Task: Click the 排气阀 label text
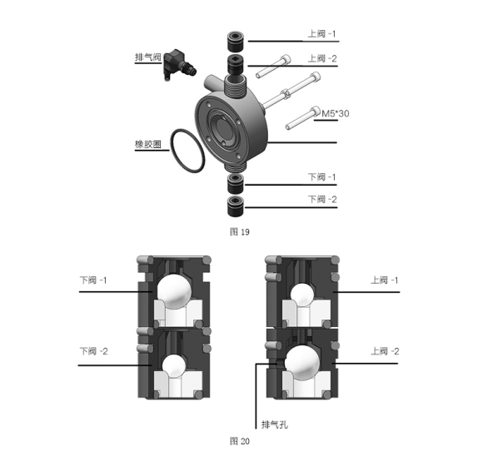pyautogui.click(x=147, y=57)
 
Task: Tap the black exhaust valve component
pyautogui.click(x=180, y=64)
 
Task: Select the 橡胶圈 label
pyautogui.click(x=147, y=144)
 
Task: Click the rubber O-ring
pyautogui.click(x=187, y=151)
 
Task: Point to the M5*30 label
pyautogui.click(x=335, y=113)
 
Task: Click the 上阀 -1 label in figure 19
pyautogui.click(x=321, y=33)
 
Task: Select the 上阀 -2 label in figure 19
pyautogui.click(x=322, y=58)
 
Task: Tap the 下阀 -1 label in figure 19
pyautogui.click(x=321, y=177)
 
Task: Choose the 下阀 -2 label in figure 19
pyautogui.click(x=322, y=199)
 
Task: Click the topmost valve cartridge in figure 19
pyautogui.click(x=235, y=41)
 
